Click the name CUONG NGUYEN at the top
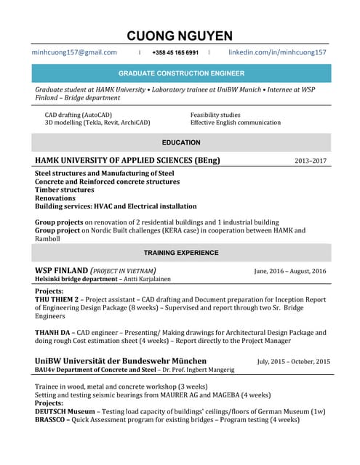(x=180, y=36)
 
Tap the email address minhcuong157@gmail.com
(x=74, y=52)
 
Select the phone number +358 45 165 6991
(x=175, y=53)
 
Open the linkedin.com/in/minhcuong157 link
(x=277, y=52)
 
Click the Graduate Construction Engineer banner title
(x=181, y=73)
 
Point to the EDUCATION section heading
(x=181, y=142)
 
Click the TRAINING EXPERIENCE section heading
(x=181, y=253)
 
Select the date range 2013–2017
(x=311, y=161)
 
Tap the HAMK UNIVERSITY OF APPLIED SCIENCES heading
(x=127, y=160)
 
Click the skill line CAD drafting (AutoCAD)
(x=79, y=115)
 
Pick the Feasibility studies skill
(x=215, y=115)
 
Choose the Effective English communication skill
(x=235, y=123)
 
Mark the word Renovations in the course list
(x=55, y=198)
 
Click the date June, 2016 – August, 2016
(x=290, y=271)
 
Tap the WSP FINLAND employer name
(x=62, y=270)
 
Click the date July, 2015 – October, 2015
(x=293, y=361)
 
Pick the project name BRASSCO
(x=52, y=419)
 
